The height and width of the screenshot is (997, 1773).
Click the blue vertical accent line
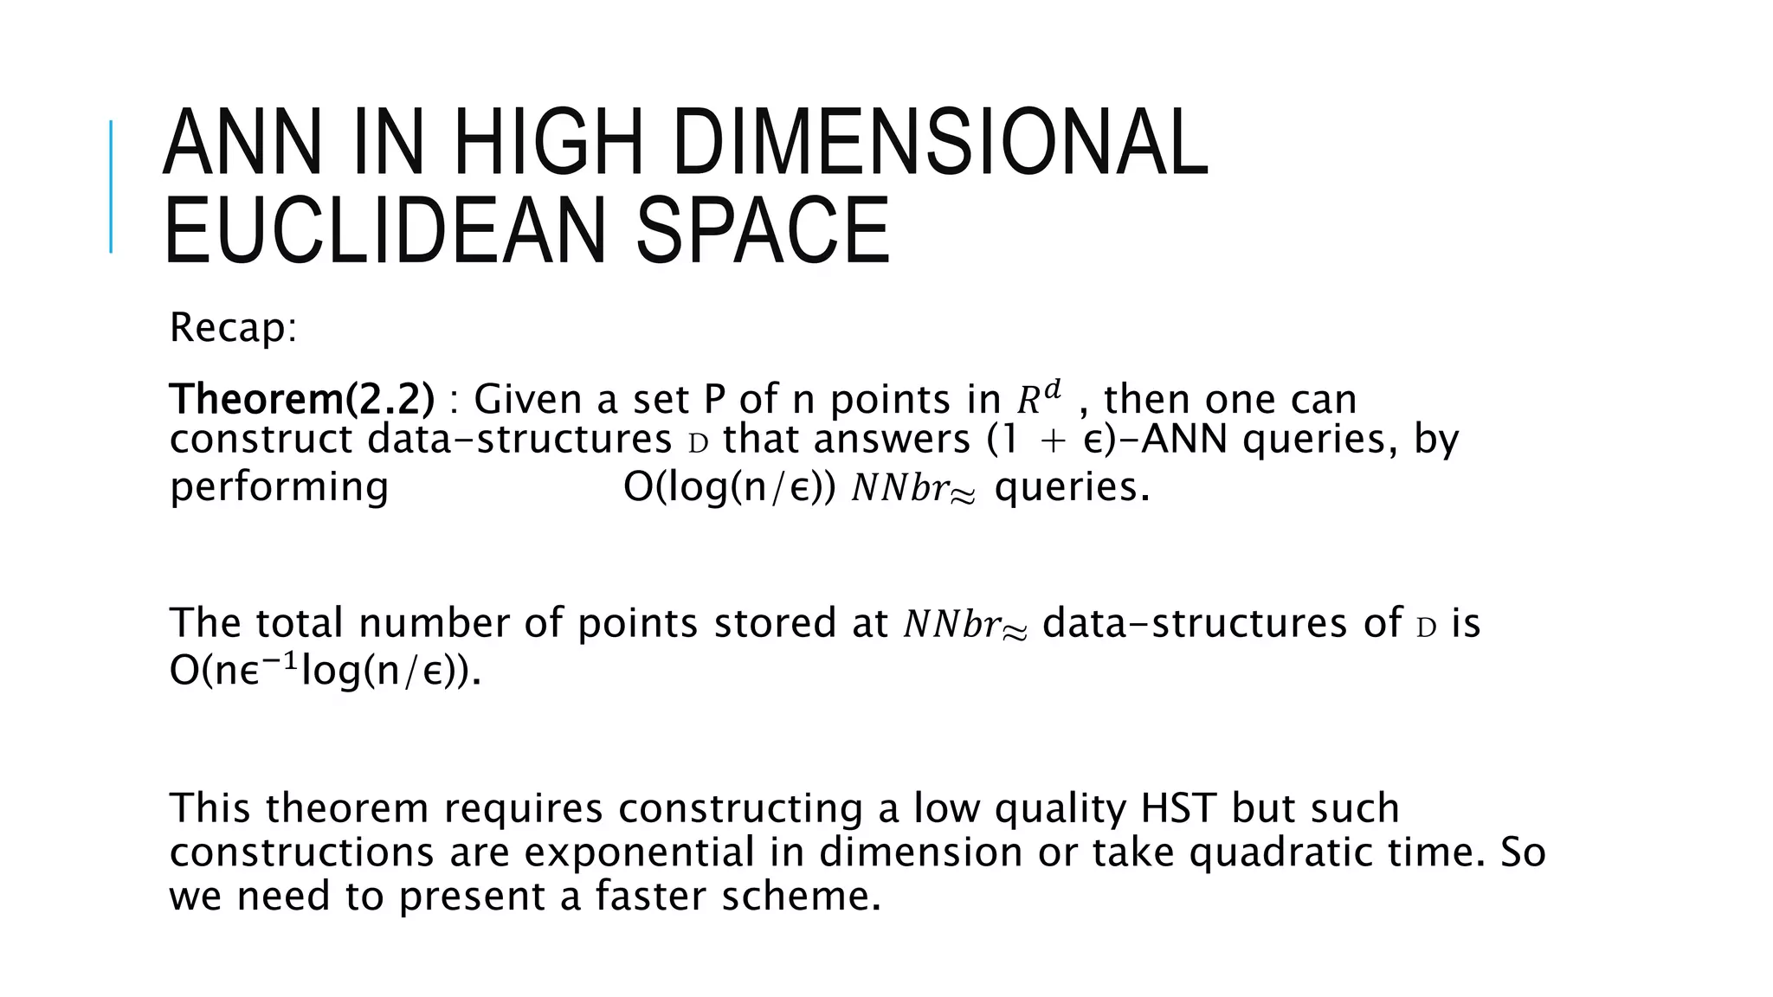111,186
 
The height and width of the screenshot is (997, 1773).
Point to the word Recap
233,328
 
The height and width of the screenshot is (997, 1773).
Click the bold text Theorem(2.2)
301,399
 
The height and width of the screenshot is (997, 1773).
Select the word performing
279,487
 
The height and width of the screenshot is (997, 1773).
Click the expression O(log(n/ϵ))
729,487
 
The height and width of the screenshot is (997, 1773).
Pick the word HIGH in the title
548,142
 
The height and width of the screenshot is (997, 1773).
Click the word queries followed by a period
1072,487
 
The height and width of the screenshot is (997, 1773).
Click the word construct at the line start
261,440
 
